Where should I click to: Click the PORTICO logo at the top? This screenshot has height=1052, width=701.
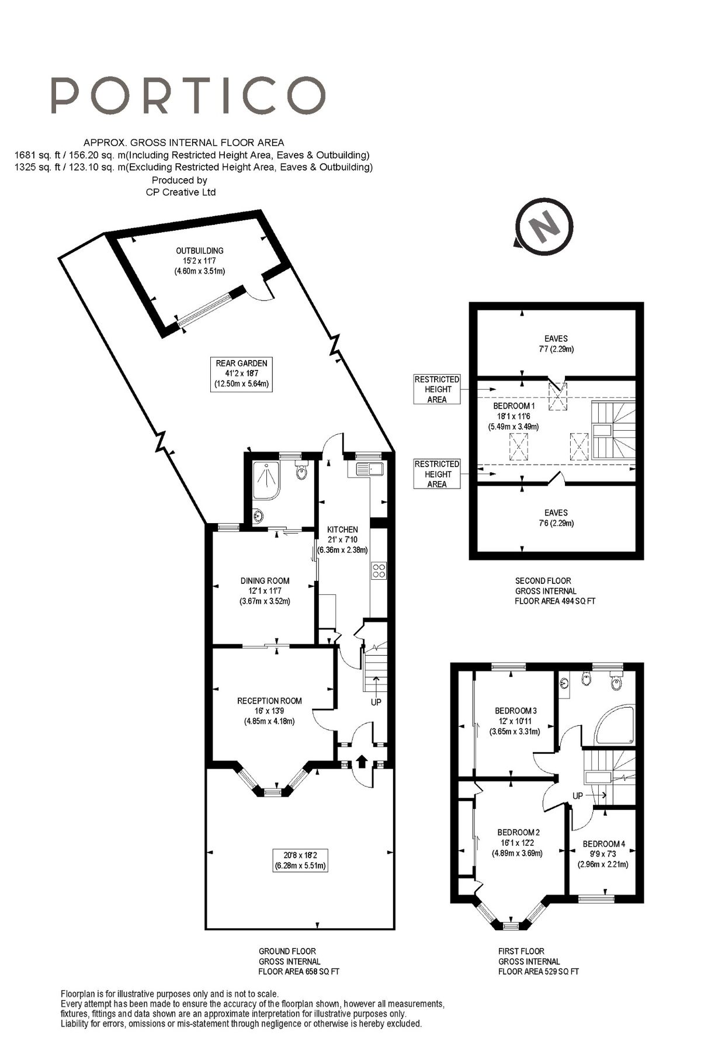tap(188, 95)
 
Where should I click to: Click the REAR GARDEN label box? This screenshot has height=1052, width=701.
tap(241, 373)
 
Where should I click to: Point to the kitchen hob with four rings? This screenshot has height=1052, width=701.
tap(379, 570)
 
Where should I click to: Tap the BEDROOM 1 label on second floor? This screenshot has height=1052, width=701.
tap(513, 406)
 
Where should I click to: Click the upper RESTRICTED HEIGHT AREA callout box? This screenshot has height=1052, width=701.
tap(437, 389)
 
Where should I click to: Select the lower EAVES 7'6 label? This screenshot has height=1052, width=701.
tap(556, 518)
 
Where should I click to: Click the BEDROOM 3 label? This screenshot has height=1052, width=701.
tap(515, 711)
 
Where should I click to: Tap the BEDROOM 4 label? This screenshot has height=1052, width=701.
tap(603, 843)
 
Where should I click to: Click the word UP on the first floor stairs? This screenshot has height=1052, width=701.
tap(578, 796)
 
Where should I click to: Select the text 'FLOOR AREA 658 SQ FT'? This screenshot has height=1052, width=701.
tap(299, 971)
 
